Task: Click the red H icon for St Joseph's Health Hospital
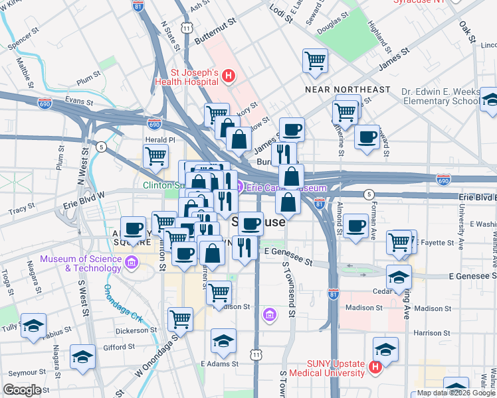click(x=228, y=76)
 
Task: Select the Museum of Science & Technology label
click(x=80, y=263)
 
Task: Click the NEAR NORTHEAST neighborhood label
click(x=348, y=89)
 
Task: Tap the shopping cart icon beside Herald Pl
click(x=155, y=156)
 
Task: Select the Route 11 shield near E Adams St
click(x=257, y=356)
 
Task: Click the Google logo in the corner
click(x=23, y=389)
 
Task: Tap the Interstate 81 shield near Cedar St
click(x=334, y=291)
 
